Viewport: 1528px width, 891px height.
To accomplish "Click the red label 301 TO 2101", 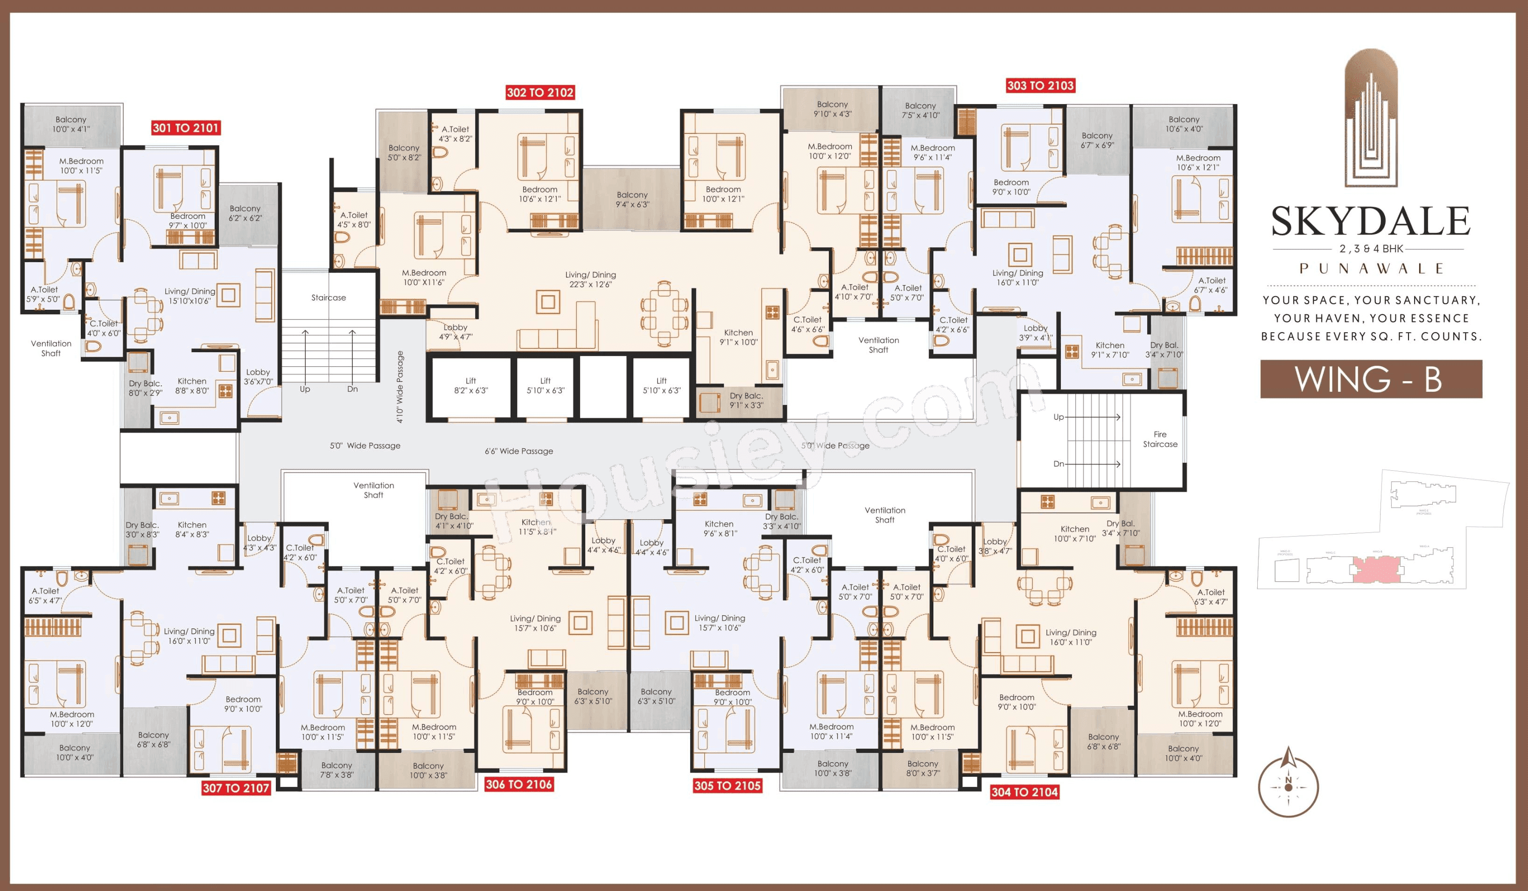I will click(x=186, y=128).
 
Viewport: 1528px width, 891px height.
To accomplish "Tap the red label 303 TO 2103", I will click(x=1040, y=85).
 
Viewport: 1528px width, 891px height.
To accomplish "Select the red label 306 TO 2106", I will click(x=519, y=784).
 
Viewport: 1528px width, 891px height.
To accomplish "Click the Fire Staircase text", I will click(x=1159, y=439).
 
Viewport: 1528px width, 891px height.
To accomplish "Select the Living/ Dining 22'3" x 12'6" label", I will click(x=590, y=279).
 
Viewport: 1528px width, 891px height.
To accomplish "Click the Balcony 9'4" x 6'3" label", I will click(x=632, y=199).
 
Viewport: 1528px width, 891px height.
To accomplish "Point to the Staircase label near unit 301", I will click(x=328, y=298).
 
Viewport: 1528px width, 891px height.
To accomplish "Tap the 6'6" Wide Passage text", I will click(x=519, y=451).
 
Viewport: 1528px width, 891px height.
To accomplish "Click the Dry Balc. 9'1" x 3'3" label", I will click(x=746, y=401).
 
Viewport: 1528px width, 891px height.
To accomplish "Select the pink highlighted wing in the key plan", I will click(x=1376, y=570).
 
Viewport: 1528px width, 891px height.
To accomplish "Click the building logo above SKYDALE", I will click(x=1371, y=118).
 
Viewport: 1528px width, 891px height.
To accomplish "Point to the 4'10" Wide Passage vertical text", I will click(x=400, y=386).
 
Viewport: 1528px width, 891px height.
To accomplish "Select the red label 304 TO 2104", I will click(x=1024, y=792).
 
